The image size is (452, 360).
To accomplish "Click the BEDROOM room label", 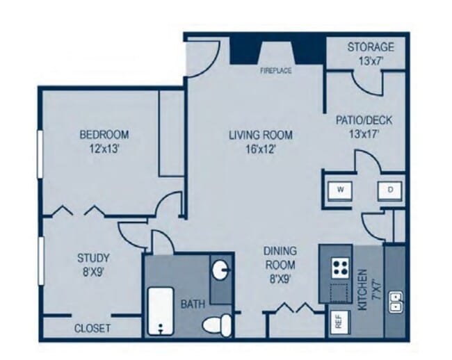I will [104, 134].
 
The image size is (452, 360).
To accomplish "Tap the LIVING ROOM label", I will [260, 135].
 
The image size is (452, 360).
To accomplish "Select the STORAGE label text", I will [371, 47].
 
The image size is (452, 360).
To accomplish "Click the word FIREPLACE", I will [275, 71].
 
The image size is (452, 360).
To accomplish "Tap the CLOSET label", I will [93, 328].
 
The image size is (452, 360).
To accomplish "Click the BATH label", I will [193, 304].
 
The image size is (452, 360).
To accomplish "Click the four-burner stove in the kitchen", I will [340, 265].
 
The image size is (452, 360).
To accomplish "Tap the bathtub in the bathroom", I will [161, 311].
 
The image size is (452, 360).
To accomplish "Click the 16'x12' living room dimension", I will [260, 148].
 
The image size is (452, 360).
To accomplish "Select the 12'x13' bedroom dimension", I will [104, 147].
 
